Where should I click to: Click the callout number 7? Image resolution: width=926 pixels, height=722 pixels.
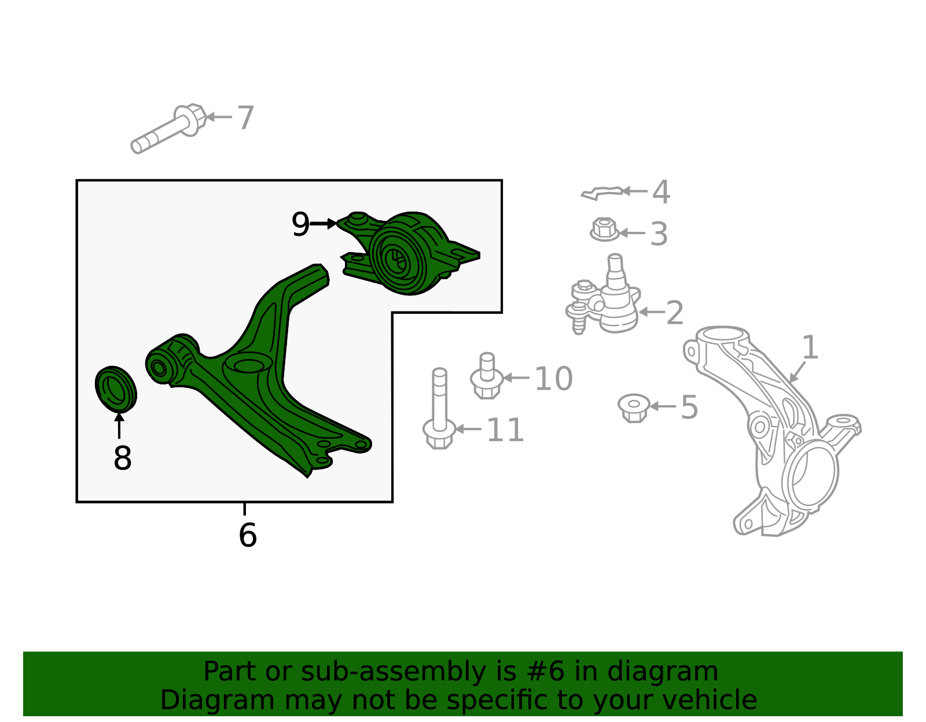tap(246, 118)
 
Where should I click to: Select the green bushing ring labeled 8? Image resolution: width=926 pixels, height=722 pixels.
tap(116, 388)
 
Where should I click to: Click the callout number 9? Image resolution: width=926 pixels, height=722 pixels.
tap(300, 224)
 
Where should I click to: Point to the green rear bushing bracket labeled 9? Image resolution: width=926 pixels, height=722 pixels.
tap(405, 254)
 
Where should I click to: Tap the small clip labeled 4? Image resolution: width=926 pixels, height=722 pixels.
tap(602, 192)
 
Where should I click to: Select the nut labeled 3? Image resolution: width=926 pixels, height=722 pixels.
tap(604, 230)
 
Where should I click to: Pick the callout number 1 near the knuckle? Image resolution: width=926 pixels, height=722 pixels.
tap(810, 348)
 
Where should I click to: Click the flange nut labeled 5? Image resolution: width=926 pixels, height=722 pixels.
tap(633, 407)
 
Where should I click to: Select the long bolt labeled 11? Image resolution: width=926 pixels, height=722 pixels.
tap(439, 410)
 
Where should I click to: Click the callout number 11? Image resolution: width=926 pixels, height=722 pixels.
tap(505, 430)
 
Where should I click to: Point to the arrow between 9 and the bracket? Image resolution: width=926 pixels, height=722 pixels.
tap(323, 224)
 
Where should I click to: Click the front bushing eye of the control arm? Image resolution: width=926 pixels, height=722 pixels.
tap(158, 366)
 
